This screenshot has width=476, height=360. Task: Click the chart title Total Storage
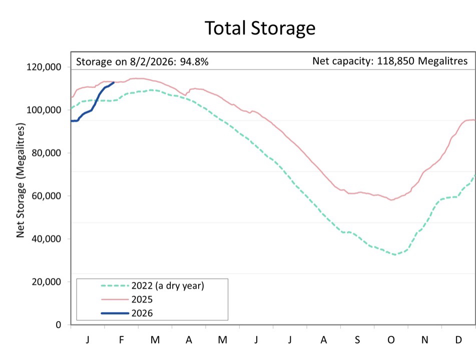[x=260, y=28]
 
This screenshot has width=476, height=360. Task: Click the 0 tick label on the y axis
[x=59, y=325]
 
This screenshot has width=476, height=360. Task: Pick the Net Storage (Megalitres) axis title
[x=21, y=195]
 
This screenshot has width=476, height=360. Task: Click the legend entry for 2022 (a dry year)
[x=168, y=286]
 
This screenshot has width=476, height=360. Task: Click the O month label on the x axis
[x=391, y=340]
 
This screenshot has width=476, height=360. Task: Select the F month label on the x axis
[x=121, y=340]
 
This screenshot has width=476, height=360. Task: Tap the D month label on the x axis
[x=458, y=340]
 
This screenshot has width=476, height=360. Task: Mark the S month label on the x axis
[x=357, y=340]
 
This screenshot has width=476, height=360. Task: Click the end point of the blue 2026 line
[x=114, y=82]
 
